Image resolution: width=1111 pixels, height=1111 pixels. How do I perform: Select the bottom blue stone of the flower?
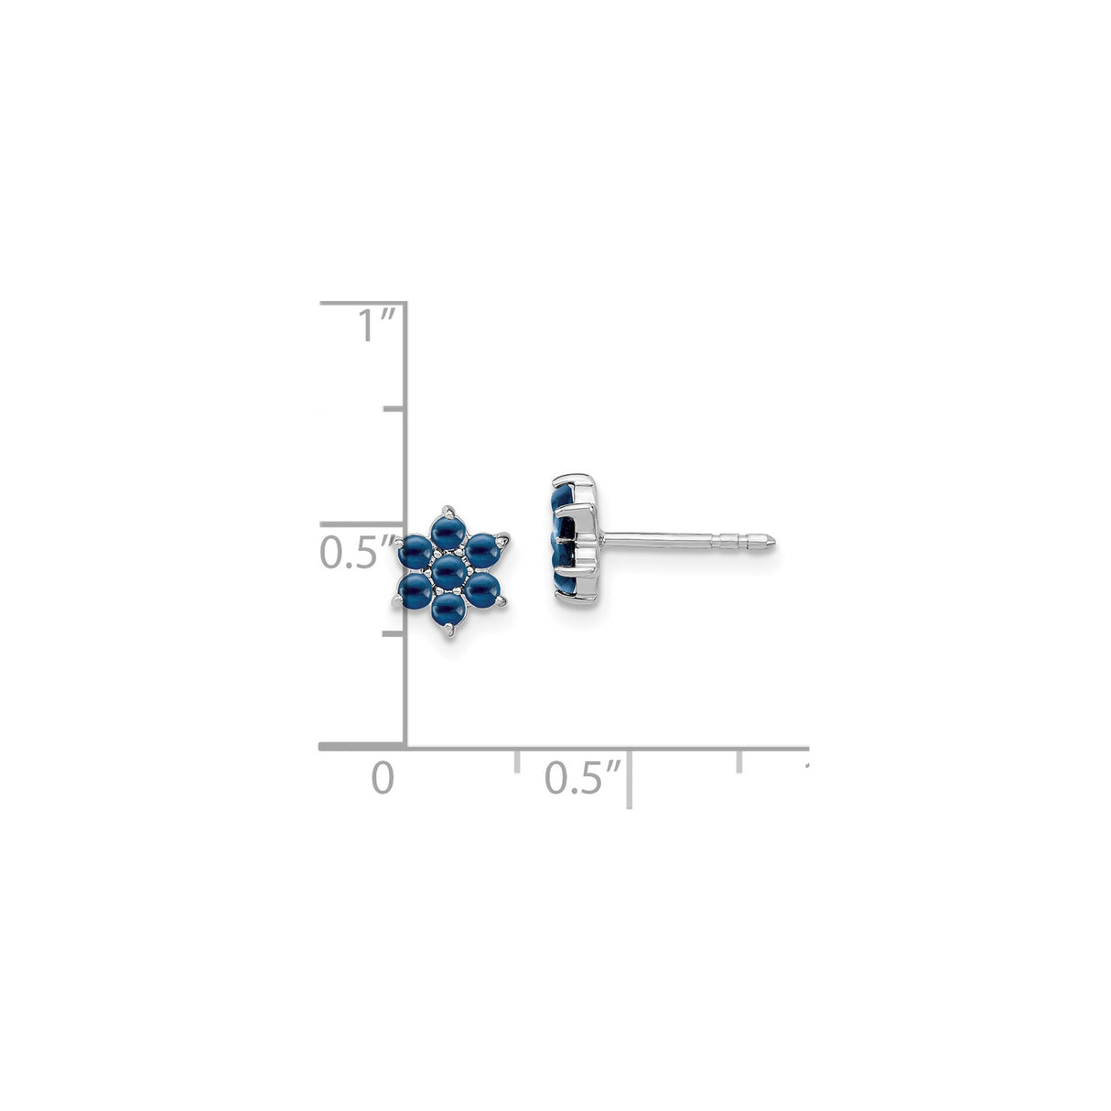click(448, 609)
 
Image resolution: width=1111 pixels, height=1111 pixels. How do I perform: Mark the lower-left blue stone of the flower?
click(414, 591)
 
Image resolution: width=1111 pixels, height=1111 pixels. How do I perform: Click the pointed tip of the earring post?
click(778, 543)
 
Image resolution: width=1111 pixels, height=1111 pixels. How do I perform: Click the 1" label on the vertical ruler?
click(375, 326)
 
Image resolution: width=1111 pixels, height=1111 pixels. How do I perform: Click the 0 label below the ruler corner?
click(383, 779)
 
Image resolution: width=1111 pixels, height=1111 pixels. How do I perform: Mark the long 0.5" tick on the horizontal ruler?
click(630, 778)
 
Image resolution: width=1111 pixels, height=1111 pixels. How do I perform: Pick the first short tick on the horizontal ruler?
click(517, 763)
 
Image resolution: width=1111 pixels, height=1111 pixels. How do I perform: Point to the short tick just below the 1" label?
click(394, 409)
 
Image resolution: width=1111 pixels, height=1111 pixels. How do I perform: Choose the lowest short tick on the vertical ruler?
click(394, 632)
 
